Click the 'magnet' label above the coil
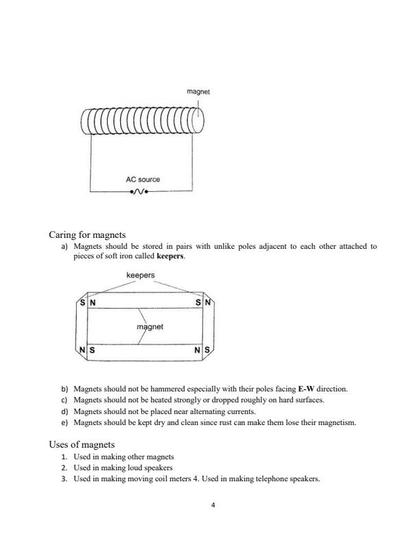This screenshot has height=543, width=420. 198,91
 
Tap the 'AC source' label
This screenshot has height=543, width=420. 143,180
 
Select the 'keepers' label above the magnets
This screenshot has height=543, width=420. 141,276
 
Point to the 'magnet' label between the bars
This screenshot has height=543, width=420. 151,327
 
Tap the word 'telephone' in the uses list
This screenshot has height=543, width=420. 275,479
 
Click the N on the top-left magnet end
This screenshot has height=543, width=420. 93,302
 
